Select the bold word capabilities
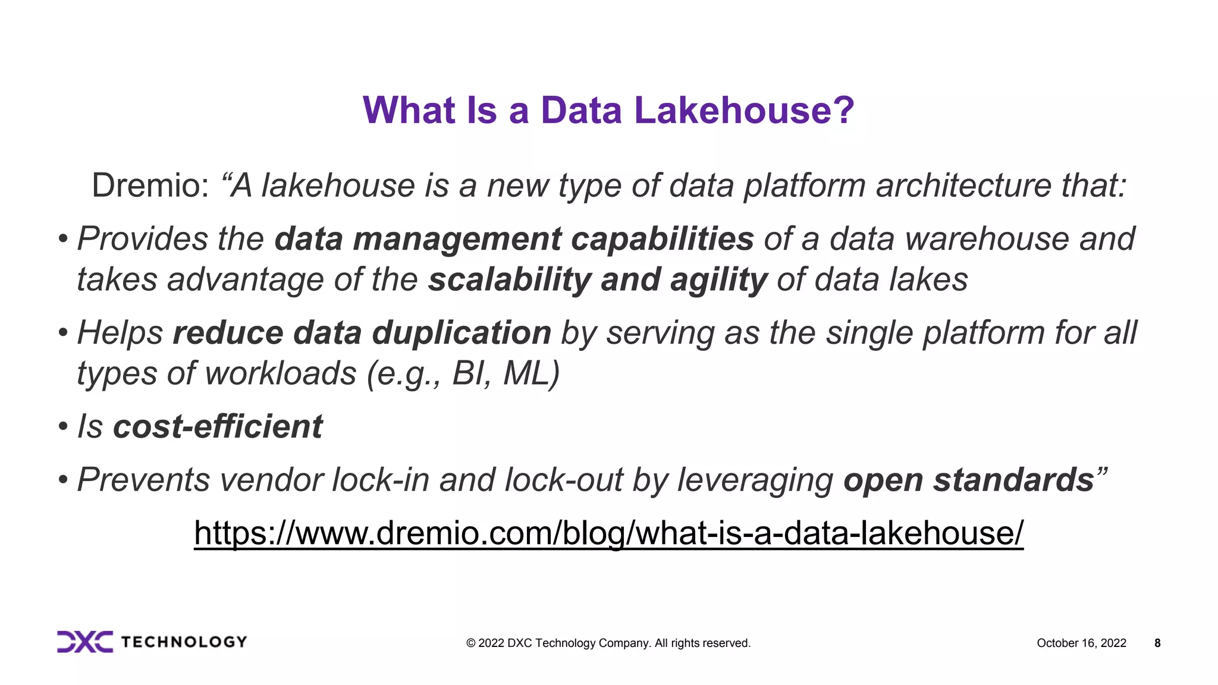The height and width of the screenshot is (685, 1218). [x=662, y=239]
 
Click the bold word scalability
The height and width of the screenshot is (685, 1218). [x=509, y=279]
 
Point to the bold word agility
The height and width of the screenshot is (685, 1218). [x=718, y=279]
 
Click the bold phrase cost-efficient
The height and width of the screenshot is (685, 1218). [x=218, y=426]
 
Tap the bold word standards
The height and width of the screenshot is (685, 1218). [x=1013, y=479]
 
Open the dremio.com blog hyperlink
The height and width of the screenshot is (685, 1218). [x=608, y=533]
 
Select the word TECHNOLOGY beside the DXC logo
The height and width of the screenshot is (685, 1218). [x=184, y=642]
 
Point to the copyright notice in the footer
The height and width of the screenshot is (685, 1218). [x=608, y=643]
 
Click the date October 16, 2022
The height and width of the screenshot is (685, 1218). [x=1081, y=643]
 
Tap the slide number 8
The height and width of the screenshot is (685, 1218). [x=1157, y=643]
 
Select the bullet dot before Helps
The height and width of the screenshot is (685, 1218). [x=63, y=333]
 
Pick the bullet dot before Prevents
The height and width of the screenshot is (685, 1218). [x=63, y=480]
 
